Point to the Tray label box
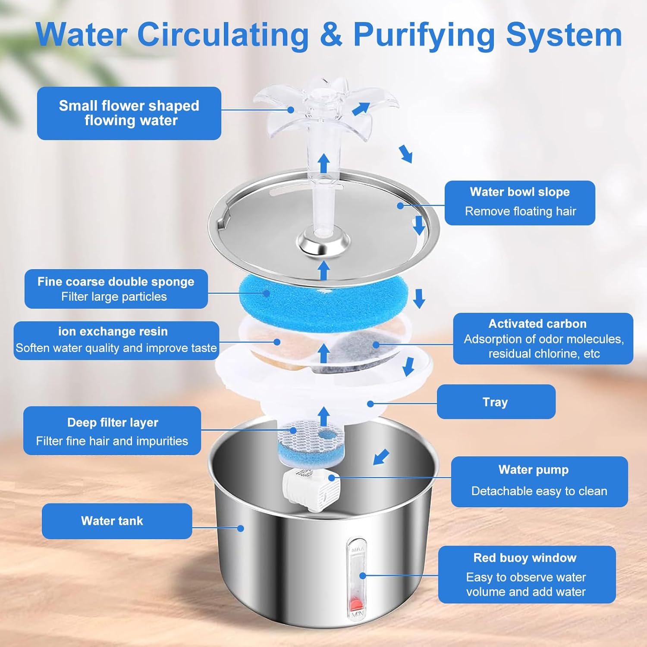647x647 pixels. pos(496,402)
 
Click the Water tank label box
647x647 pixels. pos(116,521)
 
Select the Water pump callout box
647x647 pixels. pos(539,481)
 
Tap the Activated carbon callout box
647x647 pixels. pos(543,339)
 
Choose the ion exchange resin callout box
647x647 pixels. pos(116,340)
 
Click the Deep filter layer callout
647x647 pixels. pos(112,431)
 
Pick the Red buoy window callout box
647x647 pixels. pos(527,575)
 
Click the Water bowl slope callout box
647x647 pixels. pos(520,203)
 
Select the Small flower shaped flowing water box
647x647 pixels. pos(129,113)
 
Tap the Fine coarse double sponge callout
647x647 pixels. pos(116,289)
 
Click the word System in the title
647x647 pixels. pos(564,35)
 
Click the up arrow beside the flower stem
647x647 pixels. pos(324,164)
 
